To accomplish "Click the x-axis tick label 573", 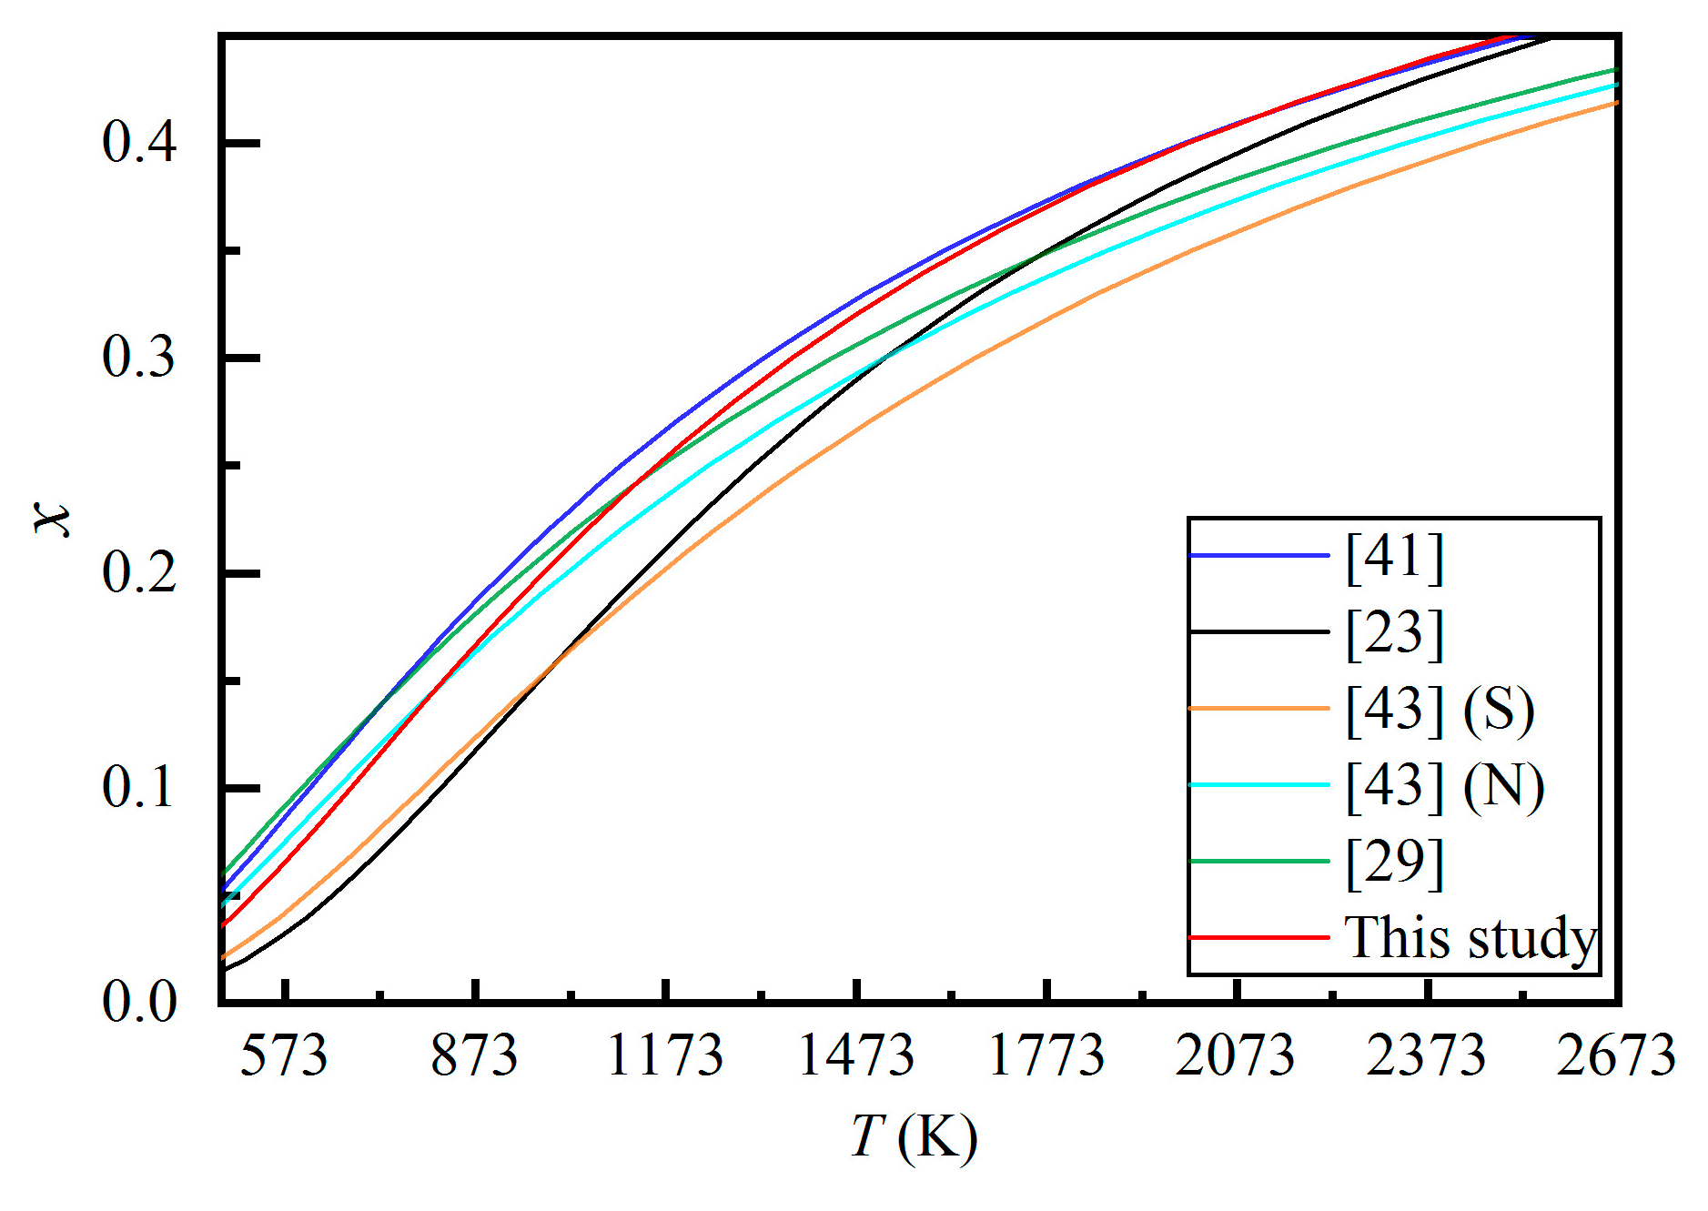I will click(x=283, y=1056).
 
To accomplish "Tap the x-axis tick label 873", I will click(x=474, y=1056).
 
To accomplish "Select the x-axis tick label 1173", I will click(x=665, y=1056).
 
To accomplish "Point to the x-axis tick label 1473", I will click(x=855, y=1056).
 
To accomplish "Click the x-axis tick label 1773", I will click(x=1046, y=1056).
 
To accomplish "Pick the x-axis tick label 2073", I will click(x=1236, y=1056).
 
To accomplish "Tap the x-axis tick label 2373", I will click(x=1427, y=1056).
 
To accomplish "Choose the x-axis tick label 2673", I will click(x=1616, y=1056).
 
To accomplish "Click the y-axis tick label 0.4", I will click(x=139, y=144).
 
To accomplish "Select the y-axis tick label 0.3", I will click(x=139, y=358).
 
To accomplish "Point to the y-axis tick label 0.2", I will click(x=139, y=573).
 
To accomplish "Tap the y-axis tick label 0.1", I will click(x=139, y=788).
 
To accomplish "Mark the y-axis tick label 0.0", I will click(x=139, y=1003).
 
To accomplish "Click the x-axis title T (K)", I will click(x=914, y=1137).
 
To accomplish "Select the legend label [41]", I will click(x=1395, y=556).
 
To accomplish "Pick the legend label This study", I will click(x=1470, y=938).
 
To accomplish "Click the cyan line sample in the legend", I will click(x=1259, y=784).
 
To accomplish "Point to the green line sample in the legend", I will click(x=1259, y=861).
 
